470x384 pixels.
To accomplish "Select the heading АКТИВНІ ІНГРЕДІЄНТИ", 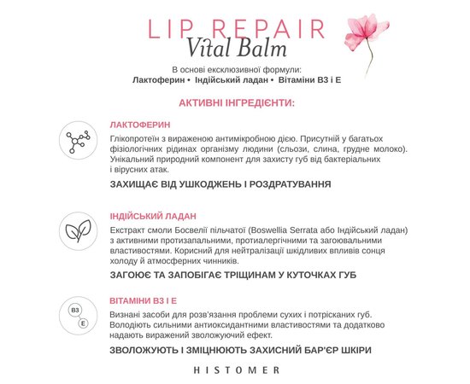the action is click(x=237, y=103).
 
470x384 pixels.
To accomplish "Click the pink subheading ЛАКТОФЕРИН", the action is click(x=140, y=125).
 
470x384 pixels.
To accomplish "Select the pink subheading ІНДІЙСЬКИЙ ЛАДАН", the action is click(x=153, y=216).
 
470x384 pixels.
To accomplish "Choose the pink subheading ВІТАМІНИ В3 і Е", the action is click(x=144, y=301).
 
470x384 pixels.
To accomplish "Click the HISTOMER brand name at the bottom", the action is click(x=236, y=369).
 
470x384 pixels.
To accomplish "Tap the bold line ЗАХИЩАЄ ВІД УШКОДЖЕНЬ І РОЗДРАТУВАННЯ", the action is click(x=220, y=183).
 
